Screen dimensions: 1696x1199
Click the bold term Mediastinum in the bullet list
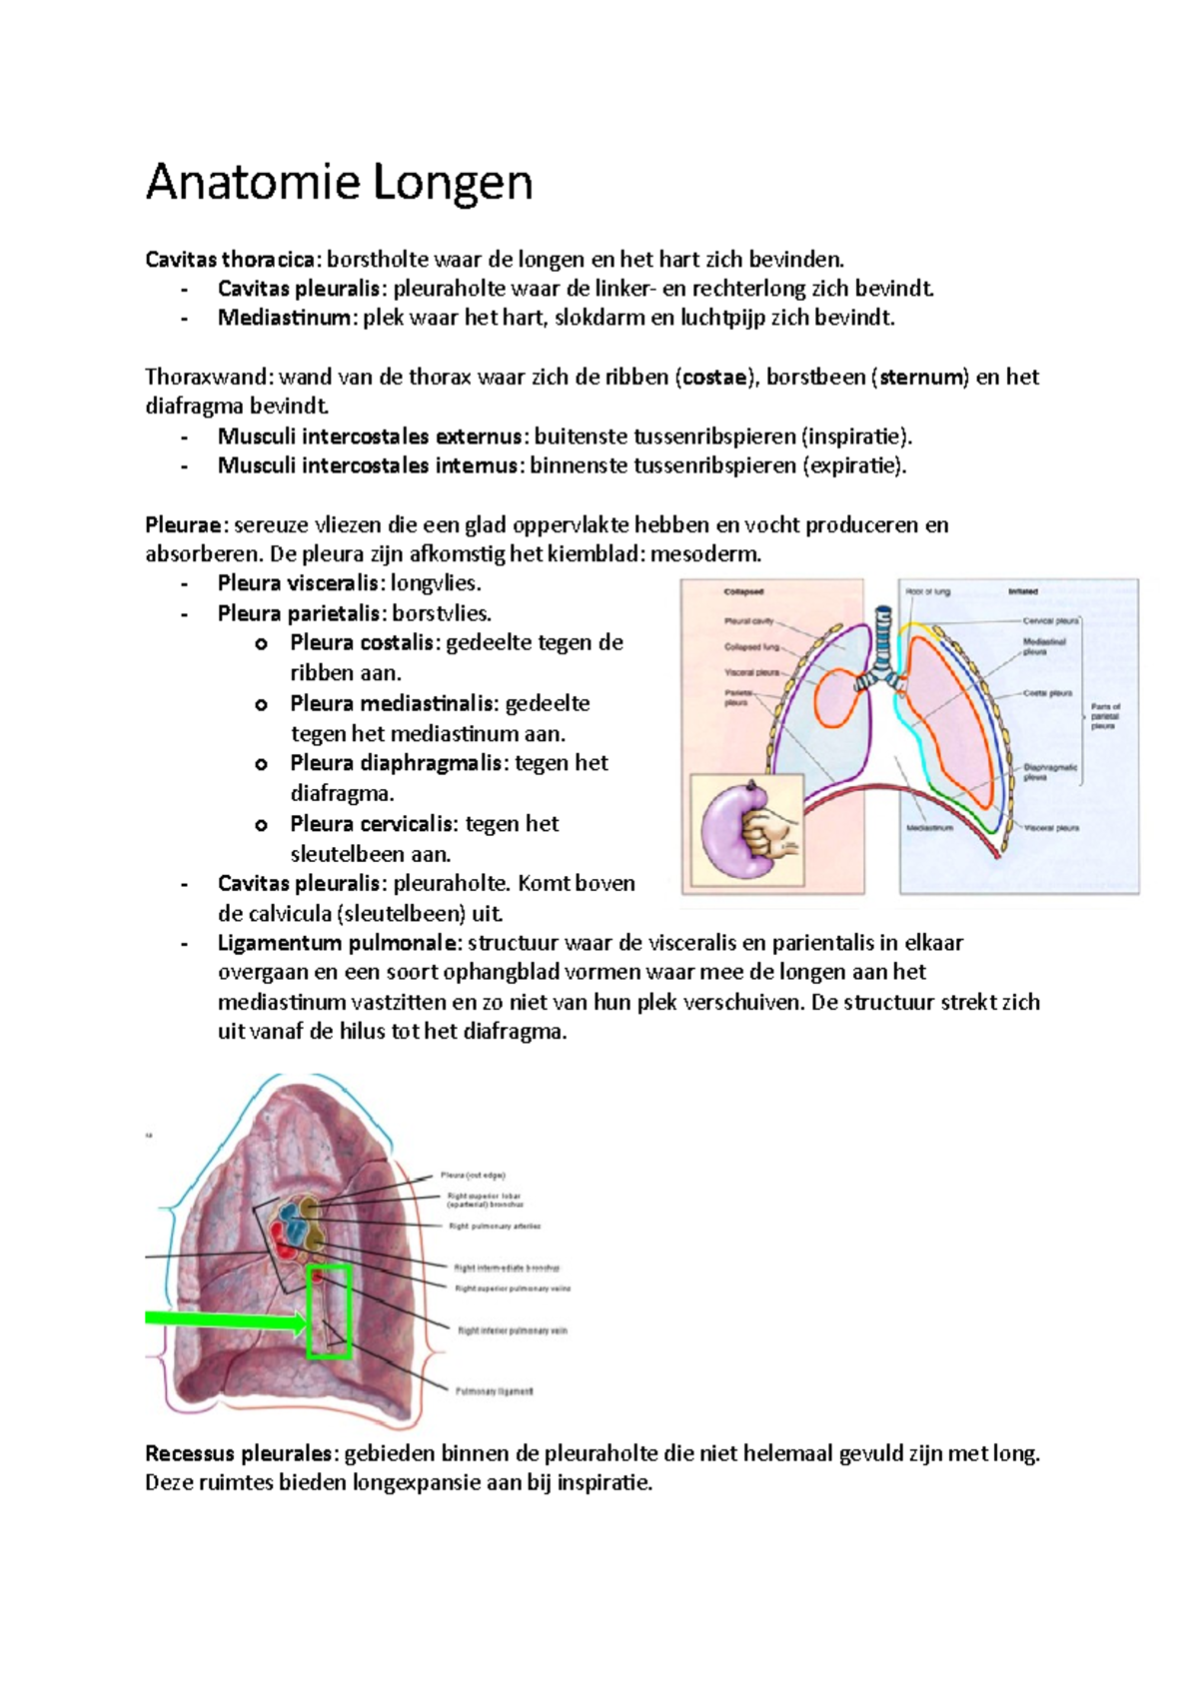coord(285,319)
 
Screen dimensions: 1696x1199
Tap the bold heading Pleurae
coord(186,525)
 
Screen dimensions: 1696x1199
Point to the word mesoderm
coord(705,554)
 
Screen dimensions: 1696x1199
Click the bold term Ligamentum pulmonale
coord(339,943)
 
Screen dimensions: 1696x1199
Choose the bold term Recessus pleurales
coord(237,1453)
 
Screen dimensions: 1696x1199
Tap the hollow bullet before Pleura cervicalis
coord(262,825)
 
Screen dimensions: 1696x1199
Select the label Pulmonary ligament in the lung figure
coord(494,1391)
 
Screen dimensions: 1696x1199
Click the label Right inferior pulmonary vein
coord(512,1330)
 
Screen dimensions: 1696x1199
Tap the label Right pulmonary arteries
coord(495,1226)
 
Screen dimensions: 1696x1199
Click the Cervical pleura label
coord(1050,620)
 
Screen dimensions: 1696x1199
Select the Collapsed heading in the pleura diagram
coord(743,592)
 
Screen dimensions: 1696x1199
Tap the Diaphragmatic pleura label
coord(1050,772)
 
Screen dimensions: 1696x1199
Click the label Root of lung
coord(927,592)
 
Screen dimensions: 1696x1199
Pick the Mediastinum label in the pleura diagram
coord(929,828)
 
